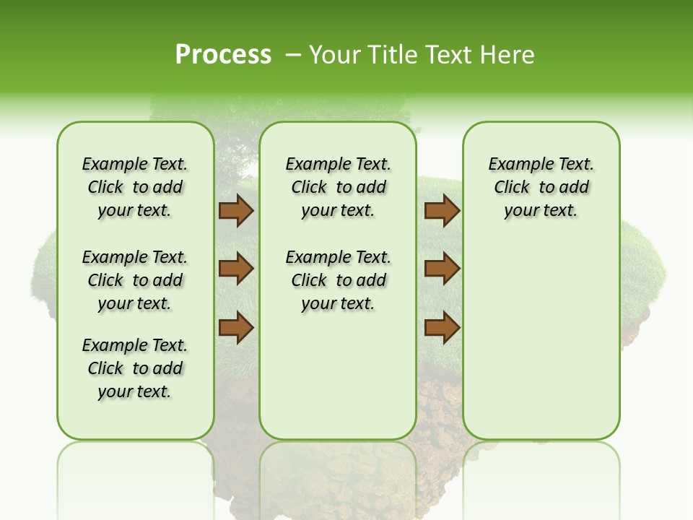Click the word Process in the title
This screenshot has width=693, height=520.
223,54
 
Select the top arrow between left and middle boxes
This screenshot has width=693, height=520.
236,211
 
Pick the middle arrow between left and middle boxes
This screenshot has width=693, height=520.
236,269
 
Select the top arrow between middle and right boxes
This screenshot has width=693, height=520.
442,211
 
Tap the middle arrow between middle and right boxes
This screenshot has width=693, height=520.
442,269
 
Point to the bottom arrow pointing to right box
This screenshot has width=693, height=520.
442,327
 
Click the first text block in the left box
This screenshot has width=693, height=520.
135,187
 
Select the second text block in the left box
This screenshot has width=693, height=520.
135,280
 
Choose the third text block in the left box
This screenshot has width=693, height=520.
135,368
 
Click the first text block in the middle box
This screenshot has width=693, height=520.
338,187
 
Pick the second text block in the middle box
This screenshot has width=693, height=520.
338,280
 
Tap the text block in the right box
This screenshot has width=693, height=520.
541,187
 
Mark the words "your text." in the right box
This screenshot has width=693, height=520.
541,211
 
